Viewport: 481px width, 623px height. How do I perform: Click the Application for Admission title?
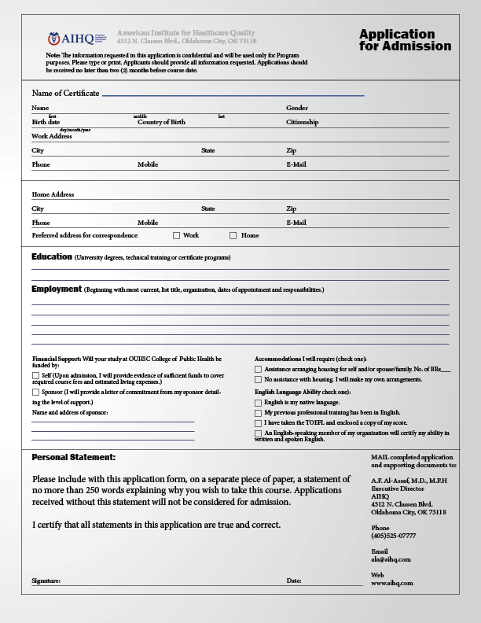click(x=405, y=40)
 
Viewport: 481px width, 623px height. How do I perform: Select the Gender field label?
click(x=297, y=108)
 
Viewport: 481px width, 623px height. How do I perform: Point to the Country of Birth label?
click(x=162, y=122)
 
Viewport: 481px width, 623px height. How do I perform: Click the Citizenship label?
click(x=303, y=122)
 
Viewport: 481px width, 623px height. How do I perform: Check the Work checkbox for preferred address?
click(x=176, y=235)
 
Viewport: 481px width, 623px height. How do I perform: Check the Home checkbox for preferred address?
click(x=233, y=235)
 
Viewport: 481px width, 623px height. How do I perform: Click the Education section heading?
click(x=52, y=256)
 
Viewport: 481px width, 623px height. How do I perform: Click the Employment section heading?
click(x=57, y=289)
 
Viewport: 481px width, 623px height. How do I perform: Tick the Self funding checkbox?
click(x=35, y=376)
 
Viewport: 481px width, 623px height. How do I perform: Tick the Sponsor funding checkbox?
click(x=35, y=391)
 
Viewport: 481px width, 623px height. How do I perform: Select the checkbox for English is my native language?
click(x=259, y=402)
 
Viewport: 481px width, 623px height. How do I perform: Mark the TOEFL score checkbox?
click(x=259, y=422)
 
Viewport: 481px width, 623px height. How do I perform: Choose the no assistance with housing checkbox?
click(x=259, y=379)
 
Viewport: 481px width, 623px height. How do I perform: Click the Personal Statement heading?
click(x=74, y=457)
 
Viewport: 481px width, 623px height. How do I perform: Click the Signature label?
click(x=46, y=581)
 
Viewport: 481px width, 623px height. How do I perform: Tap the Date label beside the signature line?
click(x=294, y=581)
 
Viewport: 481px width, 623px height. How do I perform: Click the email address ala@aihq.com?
click(x=391, y=559)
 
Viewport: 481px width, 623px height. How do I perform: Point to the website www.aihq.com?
click(x=391, y=583)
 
